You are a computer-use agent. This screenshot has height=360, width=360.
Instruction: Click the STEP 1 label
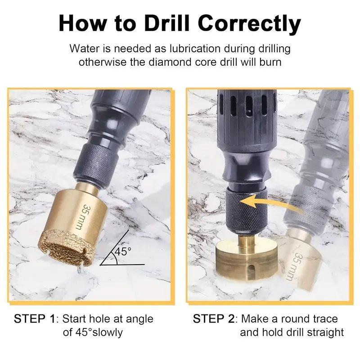pyautogui.click(x=35, y=319)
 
